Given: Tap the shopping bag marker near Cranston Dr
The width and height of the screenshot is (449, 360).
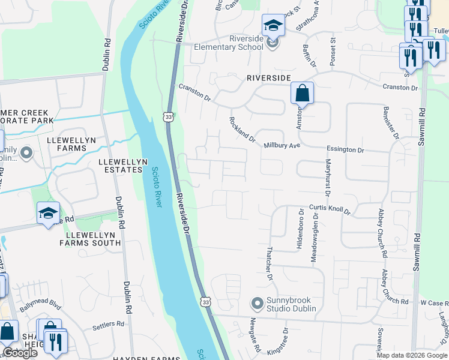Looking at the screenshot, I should point(303,94).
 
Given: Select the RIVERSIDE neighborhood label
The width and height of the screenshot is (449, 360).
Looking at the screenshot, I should point(268,79).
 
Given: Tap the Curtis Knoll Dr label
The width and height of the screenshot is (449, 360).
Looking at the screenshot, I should point(330,209).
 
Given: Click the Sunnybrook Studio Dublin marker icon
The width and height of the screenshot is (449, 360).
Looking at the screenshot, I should point(258,304).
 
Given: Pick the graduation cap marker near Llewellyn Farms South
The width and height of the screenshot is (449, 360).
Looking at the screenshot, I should point(48,213).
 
